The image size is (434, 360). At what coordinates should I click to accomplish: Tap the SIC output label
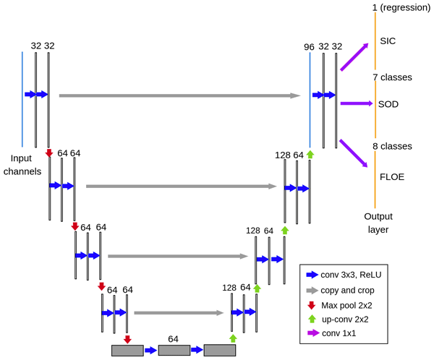[x=388, y=41]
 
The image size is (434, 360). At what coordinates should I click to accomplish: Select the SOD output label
[x=388, y=104]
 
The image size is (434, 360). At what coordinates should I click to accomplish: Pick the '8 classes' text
[x=391, y=146]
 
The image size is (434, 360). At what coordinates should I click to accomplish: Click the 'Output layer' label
[x=378, y=223]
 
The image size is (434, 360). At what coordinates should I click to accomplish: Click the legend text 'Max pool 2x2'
[x=352, y=305]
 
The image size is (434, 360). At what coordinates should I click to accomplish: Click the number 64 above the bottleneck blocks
[x=173, y=338]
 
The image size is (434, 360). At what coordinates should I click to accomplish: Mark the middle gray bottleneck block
[x=174, y=351]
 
